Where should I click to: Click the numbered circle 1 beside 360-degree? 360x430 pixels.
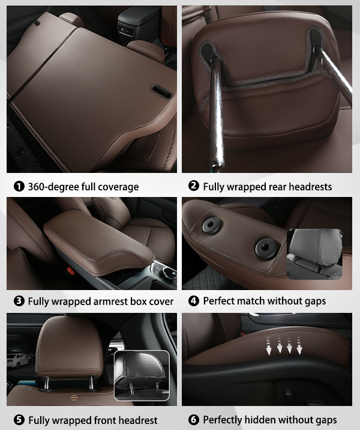point(19,187)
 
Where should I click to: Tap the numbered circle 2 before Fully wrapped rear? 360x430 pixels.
point(194,186)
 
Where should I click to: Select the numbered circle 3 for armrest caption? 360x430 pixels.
point(19,301)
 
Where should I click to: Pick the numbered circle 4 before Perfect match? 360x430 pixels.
point(194,301)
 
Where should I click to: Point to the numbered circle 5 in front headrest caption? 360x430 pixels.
point(19,420)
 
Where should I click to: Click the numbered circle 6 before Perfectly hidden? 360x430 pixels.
point(194,420)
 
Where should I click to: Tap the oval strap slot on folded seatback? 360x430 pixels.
point(161,91)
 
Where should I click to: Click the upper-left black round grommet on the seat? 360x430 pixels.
point(211,225)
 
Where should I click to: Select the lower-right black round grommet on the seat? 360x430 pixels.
point(265,249)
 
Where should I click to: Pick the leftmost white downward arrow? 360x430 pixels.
point(269,346)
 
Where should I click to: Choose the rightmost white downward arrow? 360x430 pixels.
point(299,346)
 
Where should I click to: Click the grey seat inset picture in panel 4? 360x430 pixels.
point(315,254)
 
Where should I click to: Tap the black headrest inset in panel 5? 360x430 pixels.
point(142,375)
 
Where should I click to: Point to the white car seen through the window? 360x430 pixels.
point(19,360)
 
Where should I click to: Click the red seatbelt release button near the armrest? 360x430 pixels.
point(71,271)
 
